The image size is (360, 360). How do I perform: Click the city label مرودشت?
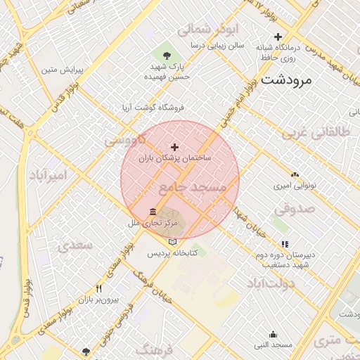pyautogui.click(x=285, y=81)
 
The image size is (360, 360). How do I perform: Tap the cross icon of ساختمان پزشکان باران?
pyautogui.click(x=175, y=146)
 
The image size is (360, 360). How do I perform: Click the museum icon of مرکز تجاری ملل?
pyautogui.click(x=153, y=211)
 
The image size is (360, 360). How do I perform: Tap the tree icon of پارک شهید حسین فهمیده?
pyautogui.click(x=167, y=55)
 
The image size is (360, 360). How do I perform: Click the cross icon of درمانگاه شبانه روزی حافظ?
pyautogui.click(x=278, y=37)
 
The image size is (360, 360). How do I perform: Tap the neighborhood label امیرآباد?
pyautogui.click(x=49, y=174)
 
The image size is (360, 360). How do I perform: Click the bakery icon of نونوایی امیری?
pyautogui.click(x=295, y=174)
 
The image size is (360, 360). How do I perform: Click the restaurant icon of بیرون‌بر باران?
pyautogui.click(x=99, y=289)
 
